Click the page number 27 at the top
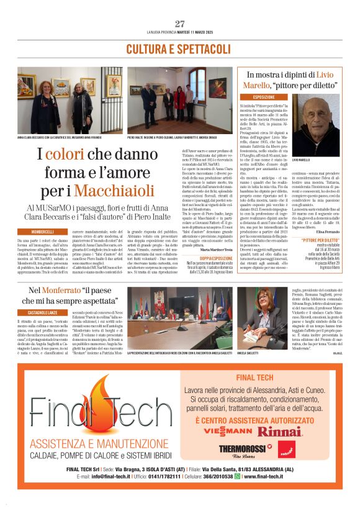point(180,24)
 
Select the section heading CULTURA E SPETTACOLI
point(179,48)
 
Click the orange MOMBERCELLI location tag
point(38,232)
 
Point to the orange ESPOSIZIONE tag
point(256,97)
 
